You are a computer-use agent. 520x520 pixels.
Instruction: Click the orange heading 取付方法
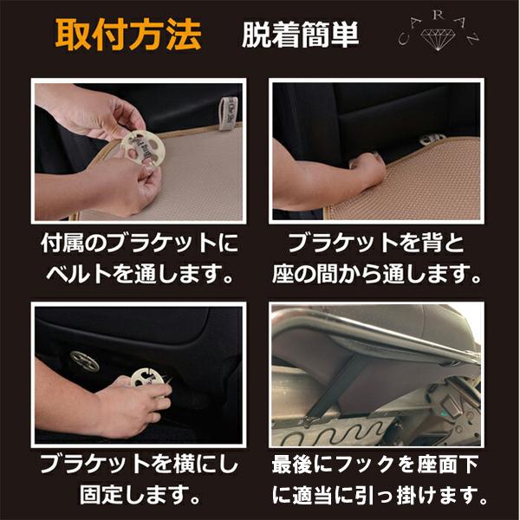point(128,35)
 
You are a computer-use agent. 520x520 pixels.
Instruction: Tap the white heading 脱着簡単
point(301,35)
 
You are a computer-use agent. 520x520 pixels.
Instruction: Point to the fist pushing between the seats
point(368,166)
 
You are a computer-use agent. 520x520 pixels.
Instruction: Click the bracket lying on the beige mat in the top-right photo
point(432,139)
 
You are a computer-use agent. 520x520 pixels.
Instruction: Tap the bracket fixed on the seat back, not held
point(85,361)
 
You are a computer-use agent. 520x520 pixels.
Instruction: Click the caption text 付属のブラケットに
point(140,243)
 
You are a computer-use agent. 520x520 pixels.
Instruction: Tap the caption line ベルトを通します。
point(140,274)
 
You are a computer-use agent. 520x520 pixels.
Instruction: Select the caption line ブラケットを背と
point(376,243)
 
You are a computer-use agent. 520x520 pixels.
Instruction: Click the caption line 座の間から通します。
point(376,274)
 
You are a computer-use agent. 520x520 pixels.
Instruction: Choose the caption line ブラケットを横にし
point(140,464)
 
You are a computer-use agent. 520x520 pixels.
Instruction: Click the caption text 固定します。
point(140,495)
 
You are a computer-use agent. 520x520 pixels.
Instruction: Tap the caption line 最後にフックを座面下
point(374,464)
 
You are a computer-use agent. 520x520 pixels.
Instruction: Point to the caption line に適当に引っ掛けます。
point(379,495)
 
